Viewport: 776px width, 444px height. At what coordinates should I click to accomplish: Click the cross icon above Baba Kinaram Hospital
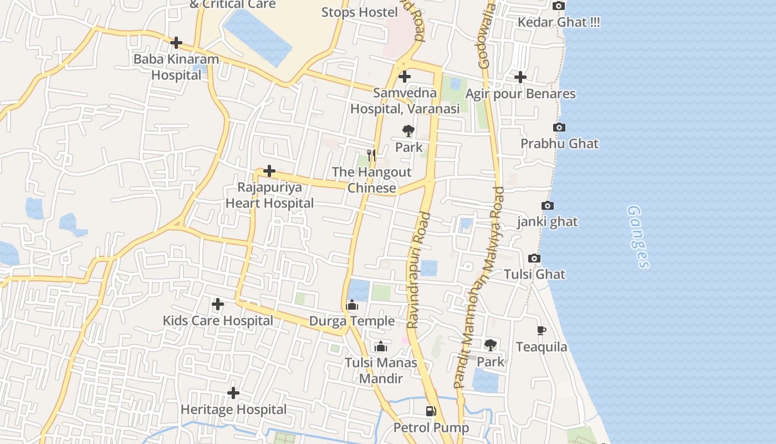coord(176,42)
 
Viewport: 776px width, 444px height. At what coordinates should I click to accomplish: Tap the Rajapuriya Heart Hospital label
coord(269,195)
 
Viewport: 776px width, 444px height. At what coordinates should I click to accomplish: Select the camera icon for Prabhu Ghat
coord(559,128)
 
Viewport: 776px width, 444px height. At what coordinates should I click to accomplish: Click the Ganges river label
coord(638,237)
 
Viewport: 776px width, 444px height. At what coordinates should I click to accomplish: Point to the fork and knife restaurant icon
coord(371,155)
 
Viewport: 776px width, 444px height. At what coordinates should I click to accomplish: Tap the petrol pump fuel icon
coord(431,411)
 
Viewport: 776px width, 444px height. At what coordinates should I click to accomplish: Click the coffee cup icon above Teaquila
coord(542,331)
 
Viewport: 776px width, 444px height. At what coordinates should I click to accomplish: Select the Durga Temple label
coord(352,321)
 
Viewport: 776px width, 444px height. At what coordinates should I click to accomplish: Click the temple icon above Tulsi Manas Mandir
coord(380,347)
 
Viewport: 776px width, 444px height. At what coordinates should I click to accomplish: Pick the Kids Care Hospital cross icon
coord(218,304)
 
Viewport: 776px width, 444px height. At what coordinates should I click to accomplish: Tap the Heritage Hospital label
coord(233,410)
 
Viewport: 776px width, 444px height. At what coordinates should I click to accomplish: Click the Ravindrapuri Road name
coord(418,270)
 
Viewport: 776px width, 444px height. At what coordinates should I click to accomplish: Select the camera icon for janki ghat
coord(547,206)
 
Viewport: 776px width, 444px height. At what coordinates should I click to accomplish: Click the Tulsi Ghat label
coord(534,274)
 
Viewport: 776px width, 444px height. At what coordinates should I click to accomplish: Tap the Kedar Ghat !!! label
coord(559,23)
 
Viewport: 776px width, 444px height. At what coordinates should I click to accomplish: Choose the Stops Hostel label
coord(360,12)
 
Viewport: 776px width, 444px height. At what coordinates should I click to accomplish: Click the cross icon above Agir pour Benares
coord(520,77)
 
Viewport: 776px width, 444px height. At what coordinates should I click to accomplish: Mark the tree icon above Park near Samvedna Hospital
coord(409,131)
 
